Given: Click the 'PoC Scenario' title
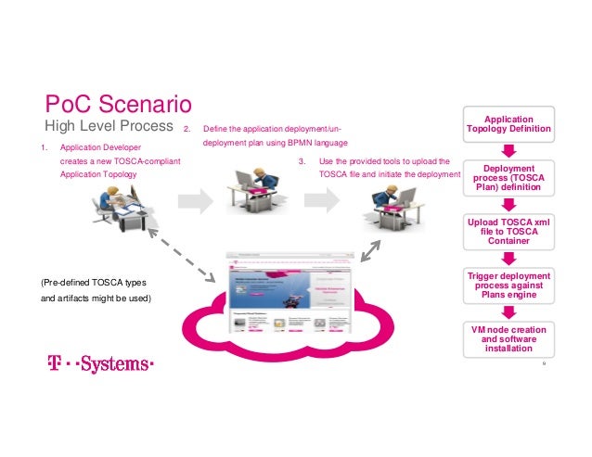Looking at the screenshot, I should pyautogui.click(x=119, y=100).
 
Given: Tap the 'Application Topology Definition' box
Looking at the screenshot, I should pyautogui.click(x=509, y=124).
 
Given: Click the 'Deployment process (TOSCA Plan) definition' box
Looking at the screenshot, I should pyautogui.click(x=509, y=176).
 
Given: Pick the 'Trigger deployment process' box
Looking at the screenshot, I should pyautogui.click(x=509, y=286).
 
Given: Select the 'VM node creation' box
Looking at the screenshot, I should pyautogui.click(x=509, y=338).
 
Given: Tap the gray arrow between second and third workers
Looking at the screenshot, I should pyautogui.click(x=321, y=199).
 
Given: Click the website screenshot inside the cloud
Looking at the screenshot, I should pyautogui.click(x=288, y=295).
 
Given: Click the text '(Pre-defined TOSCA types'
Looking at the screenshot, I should pyautogui.click(x=94, y=282).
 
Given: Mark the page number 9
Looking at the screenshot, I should pyautogui.click(x=544, y=364).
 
